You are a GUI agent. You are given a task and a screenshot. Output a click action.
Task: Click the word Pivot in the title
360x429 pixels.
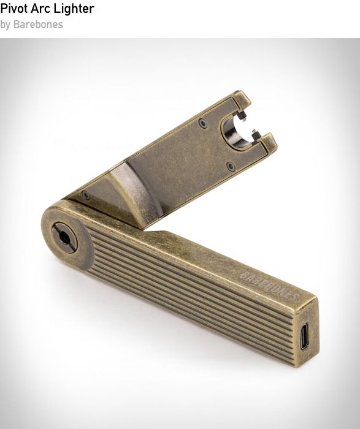coord(13,9)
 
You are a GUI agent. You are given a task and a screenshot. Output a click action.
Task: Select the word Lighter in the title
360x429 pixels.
coord(74,9)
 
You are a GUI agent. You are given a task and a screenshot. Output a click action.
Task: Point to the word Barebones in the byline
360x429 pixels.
coord(38,25)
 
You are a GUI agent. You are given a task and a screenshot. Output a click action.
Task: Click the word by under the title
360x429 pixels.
coord(5,25)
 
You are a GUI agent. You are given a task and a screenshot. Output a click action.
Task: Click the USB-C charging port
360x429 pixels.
coord(304,336)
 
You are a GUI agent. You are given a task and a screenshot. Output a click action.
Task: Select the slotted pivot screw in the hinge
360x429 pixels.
coord(64,238)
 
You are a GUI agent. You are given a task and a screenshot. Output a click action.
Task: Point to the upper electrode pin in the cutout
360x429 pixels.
coord(242,116)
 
